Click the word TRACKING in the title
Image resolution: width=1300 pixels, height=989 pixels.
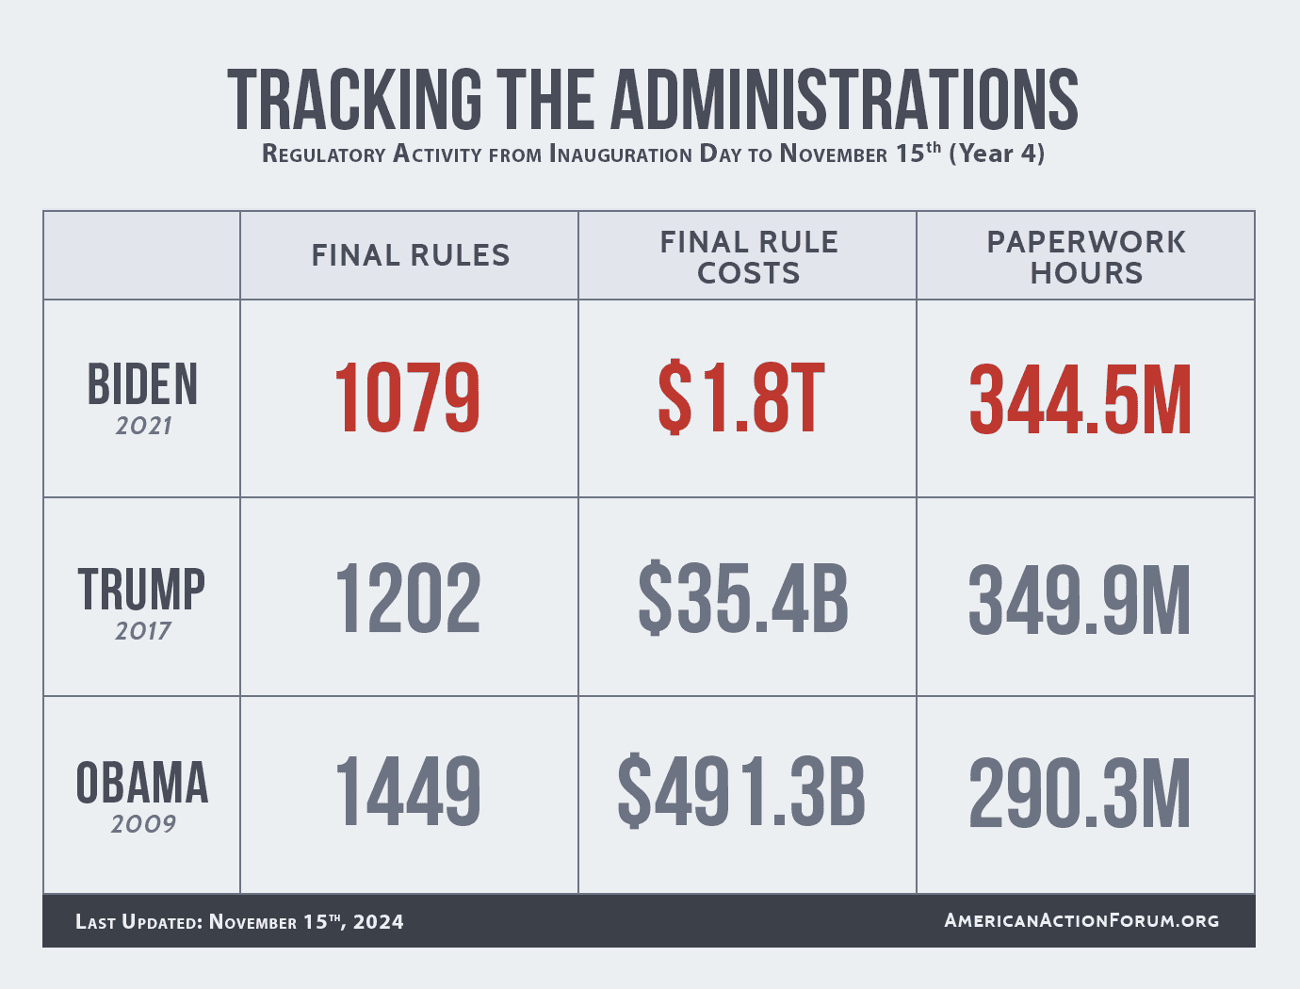354,99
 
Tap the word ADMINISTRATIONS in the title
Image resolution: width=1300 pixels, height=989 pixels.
845,99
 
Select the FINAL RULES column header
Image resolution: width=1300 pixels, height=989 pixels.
411,255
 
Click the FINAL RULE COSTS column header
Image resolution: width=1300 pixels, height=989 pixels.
749,257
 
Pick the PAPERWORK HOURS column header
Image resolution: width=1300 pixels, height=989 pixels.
1086,257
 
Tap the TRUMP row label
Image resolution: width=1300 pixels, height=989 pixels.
141,590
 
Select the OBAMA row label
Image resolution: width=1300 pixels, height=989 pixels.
142,784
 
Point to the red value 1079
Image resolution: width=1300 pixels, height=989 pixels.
407,398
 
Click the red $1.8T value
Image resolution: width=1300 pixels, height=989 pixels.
741,398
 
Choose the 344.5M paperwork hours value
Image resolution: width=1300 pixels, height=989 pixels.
1081,400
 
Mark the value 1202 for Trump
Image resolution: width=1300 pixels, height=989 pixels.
408,598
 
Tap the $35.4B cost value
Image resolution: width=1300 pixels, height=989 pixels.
743,598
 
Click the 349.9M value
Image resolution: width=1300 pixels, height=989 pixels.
1080,600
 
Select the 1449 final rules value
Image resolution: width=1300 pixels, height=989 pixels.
408,793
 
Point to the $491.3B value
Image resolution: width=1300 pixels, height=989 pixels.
741,793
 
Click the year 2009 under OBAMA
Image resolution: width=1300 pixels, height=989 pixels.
143,824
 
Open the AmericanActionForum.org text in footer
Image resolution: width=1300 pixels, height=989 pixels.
1081,920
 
